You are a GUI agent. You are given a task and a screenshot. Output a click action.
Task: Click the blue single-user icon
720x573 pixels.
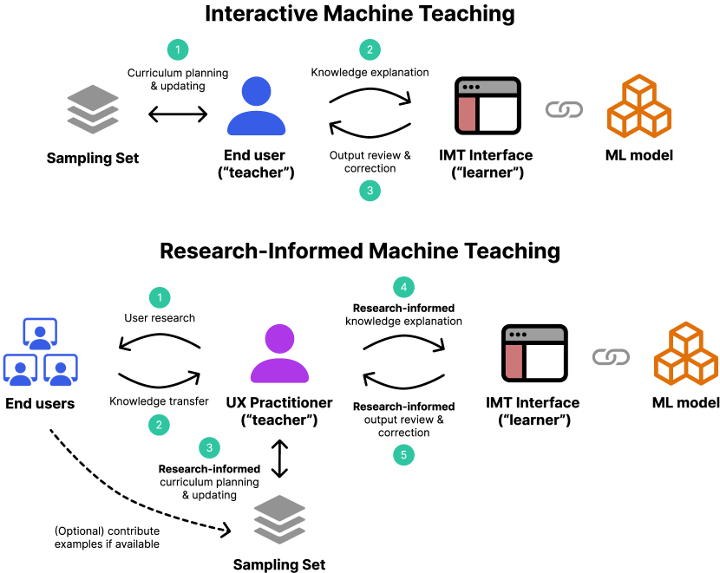tap(257, 107)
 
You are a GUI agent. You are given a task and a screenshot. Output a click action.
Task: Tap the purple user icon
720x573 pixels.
tap(279, 354)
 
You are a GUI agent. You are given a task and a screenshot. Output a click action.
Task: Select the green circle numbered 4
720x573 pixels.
tap(403, 287)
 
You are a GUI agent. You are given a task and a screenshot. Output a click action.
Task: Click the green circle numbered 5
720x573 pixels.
tap(403, 454)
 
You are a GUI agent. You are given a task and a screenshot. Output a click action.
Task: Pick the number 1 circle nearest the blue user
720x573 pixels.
tap(178, 49)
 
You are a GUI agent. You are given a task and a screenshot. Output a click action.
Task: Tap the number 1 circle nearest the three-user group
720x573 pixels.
tap(160, 297)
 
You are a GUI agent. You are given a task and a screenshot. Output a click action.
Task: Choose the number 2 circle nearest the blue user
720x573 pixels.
tap(370, 49)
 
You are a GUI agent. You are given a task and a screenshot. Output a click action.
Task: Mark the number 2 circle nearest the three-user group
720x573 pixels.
tap(159, 425)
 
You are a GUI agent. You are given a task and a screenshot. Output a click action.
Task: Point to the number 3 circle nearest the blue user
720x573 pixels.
tap(370, 191)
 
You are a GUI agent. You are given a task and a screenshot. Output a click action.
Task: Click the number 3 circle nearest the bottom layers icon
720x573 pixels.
tap(209, 447)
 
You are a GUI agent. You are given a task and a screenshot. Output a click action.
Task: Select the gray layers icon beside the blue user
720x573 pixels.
tap(93, 108)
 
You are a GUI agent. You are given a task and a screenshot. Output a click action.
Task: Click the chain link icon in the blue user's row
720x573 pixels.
tap(564, 109)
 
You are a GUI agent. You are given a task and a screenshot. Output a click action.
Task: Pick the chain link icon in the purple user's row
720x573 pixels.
tap(611, 356)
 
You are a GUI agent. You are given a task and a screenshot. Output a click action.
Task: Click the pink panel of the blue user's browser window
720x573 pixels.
tap(467, 114)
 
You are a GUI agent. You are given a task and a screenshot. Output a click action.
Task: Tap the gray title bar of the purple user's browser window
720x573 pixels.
tap(534, 334)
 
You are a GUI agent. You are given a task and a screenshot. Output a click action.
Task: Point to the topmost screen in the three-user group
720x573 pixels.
tap(40, 332)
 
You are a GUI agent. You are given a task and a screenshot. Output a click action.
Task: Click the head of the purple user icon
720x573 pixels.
tap(279, 338)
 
